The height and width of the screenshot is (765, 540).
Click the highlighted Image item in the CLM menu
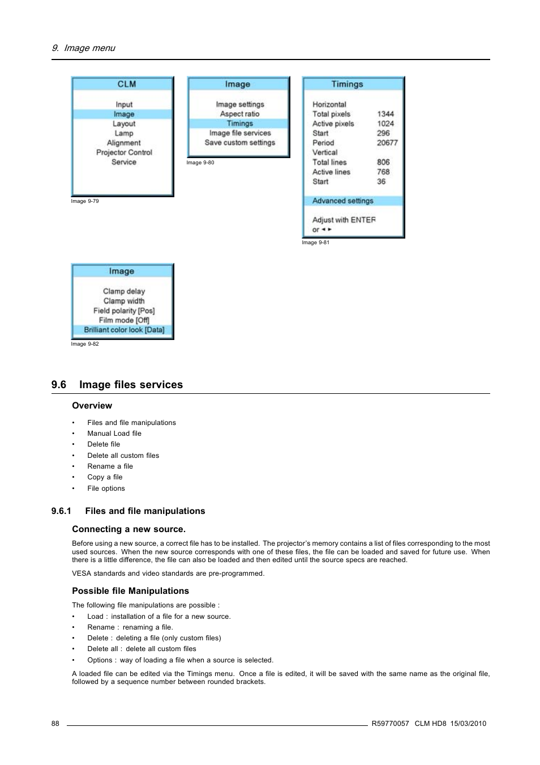[x=123, y=114]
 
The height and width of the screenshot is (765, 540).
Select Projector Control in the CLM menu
[x=124, y=152]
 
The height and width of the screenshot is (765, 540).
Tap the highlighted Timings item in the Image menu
[x=239, y=124]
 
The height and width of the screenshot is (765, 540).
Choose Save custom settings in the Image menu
[x=239, y=143]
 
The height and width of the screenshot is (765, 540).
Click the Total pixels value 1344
[x=385, y=114]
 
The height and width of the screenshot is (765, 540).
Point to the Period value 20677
[x=387, y=143]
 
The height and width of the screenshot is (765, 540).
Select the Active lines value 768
[x=383, y=172]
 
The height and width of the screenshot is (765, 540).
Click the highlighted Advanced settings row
[x=343, y=201]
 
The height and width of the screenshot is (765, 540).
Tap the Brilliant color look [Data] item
[x=124, y=330]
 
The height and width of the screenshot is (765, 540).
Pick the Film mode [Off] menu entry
[x=124, y=320]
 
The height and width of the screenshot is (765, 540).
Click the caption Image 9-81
[x=315, y=243]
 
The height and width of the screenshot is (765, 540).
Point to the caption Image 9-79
[x=85, y=201]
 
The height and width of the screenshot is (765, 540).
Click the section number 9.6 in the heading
[x=58, y=385]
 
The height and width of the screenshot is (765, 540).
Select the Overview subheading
[x=92, y=406]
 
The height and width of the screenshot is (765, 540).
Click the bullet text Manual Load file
[x=114, y=433]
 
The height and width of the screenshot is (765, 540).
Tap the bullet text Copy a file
[x=105, y=477]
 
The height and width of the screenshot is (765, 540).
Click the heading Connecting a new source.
[x=128, y=529]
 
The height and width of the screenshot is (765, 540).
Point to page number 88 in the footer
[x=55, y=724]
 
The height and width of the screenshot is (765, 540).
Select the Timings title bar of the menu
[x=347, y=84]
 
